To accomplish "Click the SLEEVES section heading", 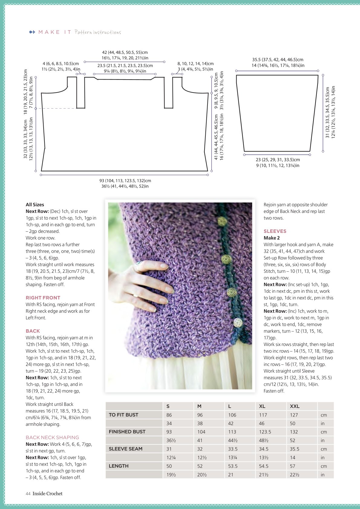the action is coord(275,231).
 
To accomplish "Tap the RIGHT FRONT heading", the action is coord(43,298).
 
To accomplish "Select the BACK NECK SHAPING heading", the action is coord(52,437).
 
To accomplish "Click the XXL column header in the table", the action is coord(295,406).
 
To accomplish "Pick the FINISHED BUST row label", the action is coord(127,432).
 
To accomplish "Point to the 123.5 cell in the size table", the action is coord(265,432).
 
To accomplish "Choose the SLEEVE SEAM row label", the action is coord(126,449).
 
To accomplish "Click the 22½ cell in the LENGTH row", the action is coord(295,475).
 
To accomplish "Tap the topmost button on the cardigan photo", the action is coord(222,221).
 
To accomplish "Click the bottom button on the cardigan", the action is coord(238,322).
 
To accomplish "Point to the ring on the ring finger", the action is coord(136,296).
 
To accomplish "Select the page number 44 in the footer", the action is coord(28,494).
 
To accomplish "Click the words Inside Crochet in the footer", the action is coord(47,494).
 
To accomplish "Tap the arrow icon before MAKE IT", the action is coord(32,32).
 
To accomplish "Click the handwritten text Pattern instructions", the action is coord(98,32).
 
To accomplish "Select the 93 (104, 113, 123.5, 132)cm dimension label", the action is coord(125,181).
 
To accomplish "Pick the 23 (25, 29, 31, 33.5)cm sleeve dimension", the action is coord(278,160).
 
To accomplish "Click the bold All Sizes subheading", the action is coord(35,204).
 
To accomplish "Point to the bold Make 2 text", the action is coord(272,238).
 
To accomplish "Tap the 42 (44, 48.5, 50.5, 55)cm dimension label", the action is coord(125,53).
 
